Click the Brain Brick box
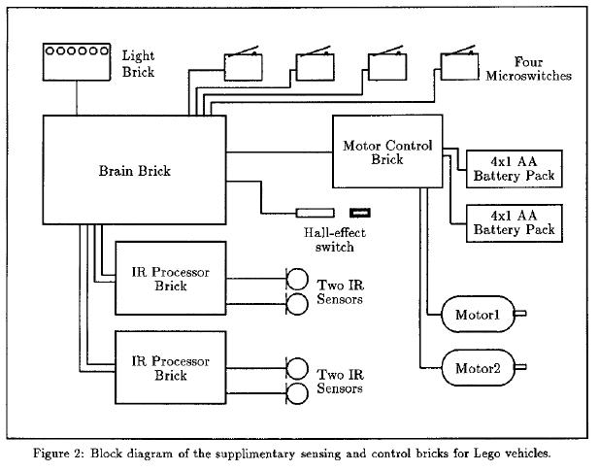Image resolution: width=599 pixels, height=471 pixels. tap(135, 171)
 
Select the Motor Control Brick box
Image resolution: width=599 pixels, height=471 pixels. tap(386, 152)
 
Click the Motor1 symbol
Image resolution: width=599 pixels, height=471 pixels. tap(478, 314)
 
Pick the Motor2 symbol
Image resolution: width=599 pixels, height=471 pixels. tap(478, 368)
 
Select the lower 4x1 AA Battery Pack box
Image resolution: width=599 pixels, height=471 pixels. tap(514, 222)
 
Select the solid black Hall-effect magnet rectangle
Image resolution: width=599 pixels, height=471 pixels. tap(361, 212)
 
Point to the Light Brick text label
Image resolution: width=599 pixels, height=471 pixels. tap(138, 64)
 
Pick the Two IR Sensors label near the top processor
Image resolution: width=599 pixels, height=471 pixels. tap(341, 292)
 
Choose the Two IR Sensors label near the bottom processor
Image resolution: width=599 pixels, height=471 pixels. tap(341, 381)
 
